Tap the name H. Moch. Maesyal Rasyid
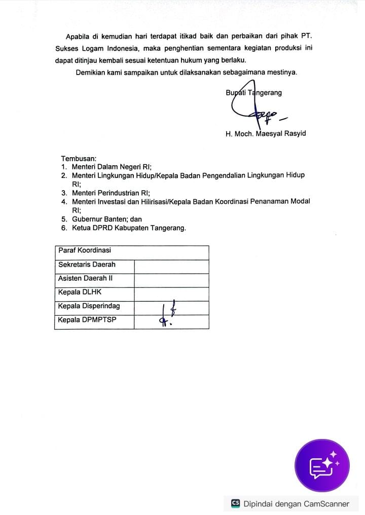click(266, 134)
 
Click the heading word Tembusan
click(79, 159)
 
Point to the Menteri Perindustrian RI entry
click(111, 193)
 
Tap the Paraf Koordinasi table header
click(85, 250)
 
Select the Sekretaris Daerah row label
click(87, 265)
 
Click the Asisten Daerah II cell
click(85, 278)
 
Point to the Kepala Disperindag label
click(89, 306)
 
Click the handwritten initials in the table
click(168, 314)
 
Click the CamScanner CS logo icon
click(235, 503)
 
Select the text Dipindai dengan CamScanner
click(296, 504)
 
